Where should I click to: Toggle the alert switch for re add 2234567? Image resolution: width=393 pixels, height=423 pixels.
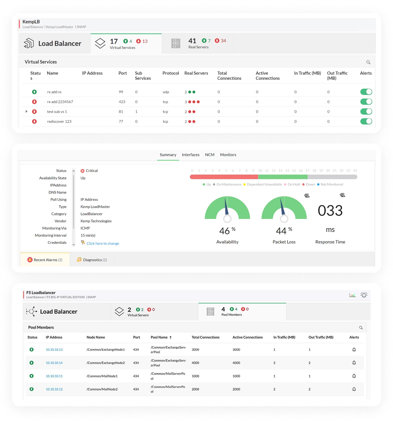[x=366, y=102]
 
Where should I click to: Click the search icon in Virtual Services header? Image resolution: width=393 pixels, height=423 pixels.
[x=368, y=62]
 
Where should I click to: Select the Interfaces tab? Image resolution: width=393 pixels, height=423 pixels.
[x=191, y=155]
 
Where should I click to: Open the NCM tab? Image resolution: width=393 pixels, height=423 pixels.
[x=210, y=155]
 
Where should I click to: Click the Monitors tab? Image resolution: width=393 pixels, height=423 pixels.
[x=228, y=155]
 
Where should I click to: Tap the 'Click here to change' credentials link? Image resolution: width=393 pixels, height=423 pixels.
[x=103, y=243]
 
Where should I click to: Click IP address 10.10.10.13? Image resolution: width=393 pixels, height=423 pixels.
[x=54, y=350]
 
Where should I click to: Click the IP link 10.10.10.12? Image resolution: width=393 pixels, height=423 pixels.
[x=54, y=389]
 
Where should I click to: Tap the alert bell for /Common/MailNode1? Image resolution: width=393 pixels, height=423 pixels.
[x=354, y=376]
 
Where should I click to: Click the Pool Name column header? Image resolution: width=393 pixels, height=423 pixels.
[x=159, y=337]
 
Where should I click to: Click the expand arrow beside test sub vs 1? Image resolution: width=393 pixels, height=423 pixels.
[x=27, y=111]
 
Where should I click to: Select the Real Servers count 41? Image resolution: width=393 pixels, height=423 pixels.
[x=192, y=41]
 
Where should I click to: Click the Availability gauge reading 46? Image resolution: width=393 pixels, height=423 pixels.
[x=225, y=231]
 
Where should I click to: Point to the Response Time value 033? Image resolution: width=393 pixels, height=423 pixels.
[x=330, y=211]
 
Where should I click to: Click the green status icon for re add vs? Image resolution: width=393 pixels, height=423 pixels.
[x=34, y=92]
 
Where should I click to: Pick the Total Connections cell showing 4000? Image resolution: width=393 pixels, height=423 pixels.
[x=196, y=363]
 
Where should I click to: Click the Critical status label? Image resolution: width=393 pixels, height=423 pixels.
[x=91, y=171]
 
